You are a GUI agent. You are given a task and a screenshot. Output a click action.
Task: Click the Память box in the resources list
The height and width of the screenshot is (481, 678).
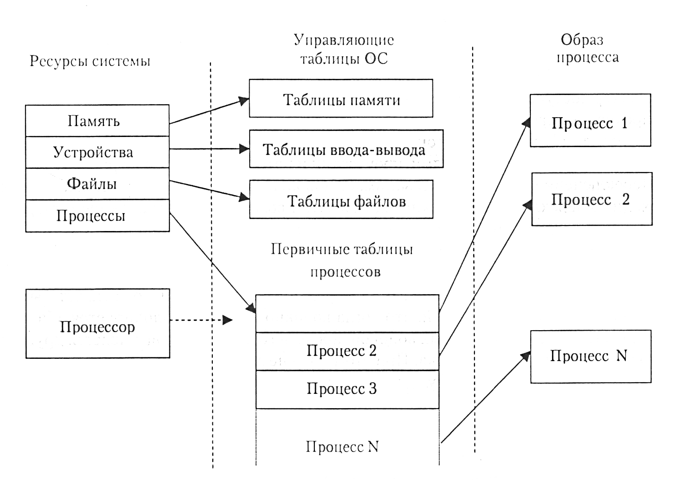[x=97, y=121]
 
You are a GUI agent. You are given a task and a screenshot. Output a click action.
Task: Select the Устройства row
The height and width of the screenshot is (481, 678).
[x=97, y=152]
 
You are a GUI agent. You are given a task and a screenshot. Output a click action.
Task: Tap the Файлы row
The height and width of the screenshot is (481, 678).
[x=97, y=184]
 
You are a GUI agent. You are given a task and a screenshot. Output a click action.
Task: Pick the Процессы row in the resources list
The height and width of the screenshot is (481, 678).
[x=97, y=215]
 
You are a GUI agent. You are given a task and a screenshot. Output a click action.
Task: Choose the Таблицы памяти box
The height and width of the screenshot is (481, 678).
[x=341, y=99]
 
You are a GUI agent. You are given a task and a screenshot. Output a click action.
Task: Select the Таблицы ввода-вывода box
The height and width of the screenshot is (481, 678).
[x=346, y=149]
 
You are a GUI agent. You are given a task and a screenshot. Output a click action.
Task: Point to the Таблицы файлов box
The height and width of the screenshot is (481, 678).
[x=341, y=200]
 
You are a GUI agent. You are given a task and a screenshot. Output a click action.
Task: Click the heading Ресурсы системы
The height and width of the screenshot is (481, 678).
[x=90, y=61]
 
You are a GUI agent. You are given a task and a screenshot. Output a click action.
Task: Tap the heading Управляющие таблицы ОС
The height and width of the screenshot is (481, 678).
[x=344, y=49]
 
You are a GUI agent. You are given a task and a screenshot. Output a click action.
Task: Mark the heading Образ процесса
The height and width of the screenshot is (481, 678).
[x=586, y=48]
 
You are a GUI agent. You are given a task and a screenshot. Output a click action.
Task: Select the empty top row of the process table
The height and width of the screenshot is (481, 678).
[x=347, y=314]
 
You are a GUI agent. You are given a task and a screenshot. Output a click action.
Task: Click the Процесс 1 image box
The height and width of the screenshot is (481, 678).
[x=590, y=121]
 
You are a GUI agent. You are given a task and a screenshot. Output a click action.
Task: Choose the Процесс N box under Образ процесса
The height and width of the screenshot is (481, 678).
[x=590, y=356]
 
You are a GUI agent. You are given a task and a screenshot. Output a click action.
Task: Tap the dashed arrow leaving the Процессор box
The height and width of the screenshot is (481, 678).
[x=201, y=320]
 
